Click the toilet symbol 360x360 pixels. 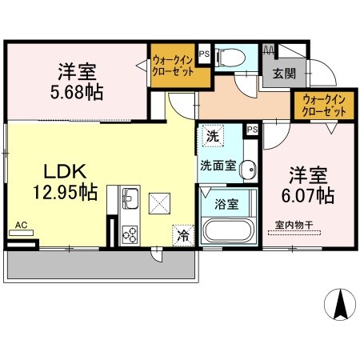pos(230,57)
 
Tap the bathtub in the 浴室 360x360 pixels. pos(228,230)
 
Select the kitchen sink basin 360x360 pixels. pos(130,198)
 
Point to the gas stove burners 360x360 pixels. pos(130,234)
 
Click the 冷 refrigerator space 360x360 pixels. pos(183,235)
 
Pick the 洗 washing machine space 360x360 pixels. pos(213,136)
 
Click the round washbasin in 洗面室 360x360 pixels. pos(248,169)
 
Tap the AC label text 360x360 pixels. pos(21,225)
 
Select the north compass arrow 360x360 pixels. pos(340,305)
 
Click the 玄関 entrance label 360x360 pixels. pos(284,74)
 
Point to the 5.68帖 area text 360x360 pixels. pos(77,92)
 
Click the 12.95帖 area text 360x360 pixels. pos(66,192)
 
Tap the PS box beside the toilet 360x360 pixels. pos(205,54)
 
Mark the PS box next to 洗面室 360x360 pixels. pos(252,130)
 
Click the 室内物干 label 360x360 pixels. pos(294,225)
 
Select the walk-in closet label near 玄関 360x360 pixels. pos(324,106)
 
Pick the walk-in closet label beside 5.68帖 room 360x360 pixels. pos(173,66)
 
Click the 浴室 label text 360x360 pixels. pos(226,204)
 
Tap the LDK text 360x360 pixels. pos(65,171)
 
